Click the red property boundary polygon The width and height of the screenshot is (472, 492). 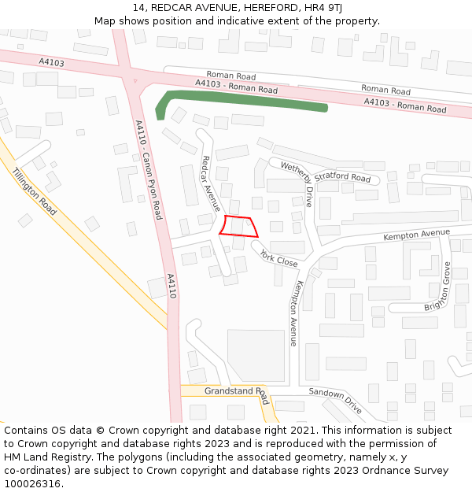(x=238, y=225)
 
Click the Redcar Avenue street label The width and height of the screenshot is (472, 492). (x=211, y=183)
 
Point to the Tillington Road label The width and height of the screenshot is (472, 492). (x=35, y=191)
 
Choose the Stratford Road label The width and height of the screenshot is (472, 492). (x=342, y=177)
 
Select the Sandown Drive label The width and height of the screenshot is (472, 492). (x=335, y=401)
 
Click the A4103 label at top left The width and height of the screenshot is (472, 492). (x=51, y=62)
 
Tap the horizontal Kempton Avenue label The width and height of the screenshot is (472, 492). (x=416, y=235)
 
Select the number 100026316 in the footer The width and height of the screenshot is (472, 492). (x=34, y=483)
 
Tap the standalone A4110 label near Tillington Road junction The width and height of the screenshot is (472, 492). (x=171, y=285)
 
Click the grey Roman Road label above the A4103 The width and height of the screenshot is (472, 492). (x=231, y=76)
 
